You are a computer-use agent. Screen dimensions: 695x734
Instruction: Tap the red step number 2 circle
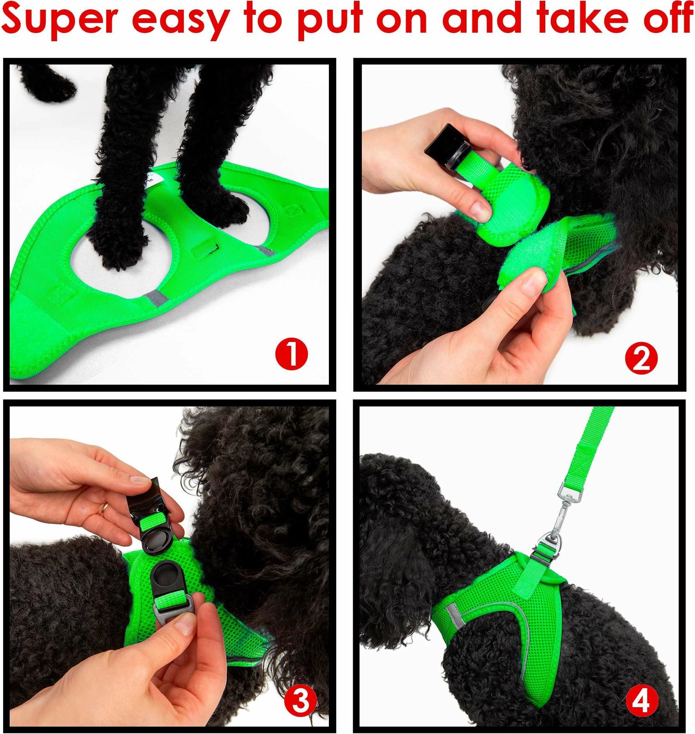tap(641, 359)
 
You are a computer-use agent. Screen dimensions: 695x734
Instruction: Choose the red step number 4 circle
tap(641, 701)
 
